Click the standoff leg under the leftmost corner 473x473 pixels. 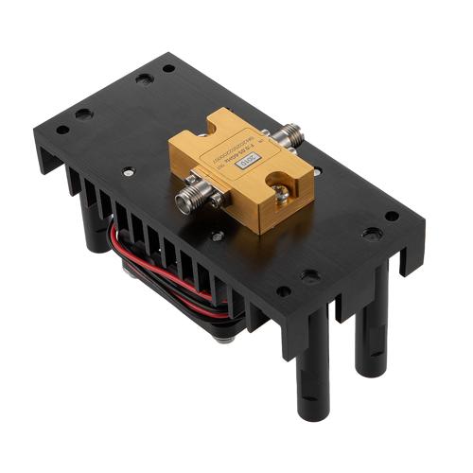(95, 232)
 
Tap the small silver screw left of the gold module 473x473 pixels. (129, 172)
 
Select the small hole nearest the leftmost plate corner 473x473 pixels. (62, 130)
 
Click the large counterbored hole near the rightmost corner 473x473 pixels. (372, 233)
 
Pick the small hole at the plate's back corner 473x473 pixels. (168, 68)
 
